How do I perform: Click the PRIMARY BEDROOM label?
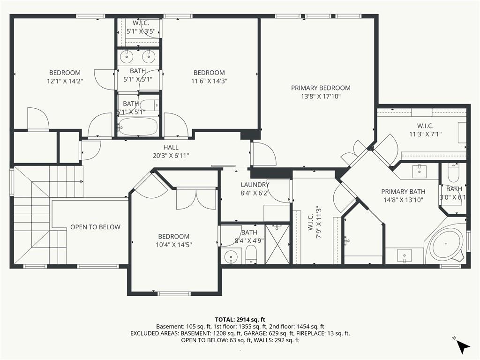[x=321, y=88]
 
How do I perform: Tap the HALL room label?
[x=171, y=147]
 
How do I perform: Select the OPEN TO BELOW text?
[x=95, y=227]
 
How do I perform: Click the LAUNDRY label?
[x=255, y=185]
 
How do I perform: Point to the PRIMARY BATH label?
[x=403, y=192]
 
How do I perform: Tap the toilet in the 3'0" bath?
[x=453, y=173]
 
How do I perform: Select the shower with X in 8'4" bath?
[x=277, y=244]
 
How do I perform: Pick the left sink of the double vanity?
[x=126, y=56]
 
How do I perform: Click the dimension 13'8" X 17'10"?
[x=321, y=97]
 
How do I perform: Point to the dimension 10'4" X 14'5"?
[x=173, y=245]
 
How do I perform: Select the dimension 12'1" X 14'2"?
[x=65, y=81]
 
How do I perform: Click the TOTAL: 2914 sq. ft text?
[x=240, y=320]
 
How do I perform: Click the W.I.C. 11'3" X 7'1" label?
[x=425, y=130]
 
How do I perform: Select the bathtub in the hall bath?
[x=138, y=127]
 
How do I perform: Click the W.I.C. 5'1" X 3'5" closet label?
[x=141, y=27]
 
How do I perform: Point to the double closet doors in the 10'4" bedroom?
[x=196, y=199]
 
